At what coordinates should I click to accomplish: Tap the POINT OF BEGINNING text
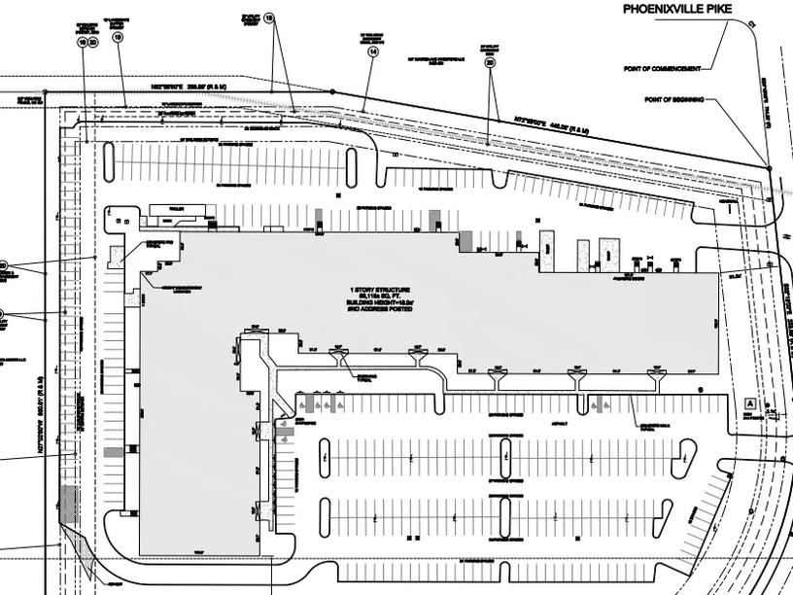pos(674,99)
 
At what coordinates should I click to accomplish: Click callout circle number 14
pos(372,54)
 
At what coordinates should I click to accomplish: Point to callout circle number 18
pos(269,17)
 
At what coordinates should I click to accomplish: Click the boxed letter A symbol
pos(749,402)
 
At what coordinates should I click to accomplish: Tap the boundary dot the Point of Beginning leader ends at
pos(769,169)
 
